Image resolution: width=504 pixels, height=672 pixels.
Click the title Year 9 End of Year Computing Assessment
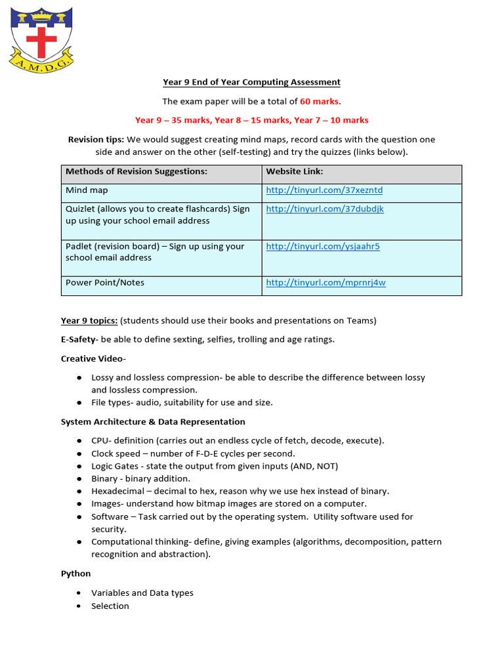251,82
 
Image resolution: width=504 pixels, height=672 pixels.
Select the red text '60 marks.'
320,101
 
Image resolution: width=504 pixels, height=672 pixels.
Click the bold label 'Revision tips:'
96,139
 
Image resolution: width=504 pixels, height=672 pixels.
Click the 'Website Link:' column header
294,171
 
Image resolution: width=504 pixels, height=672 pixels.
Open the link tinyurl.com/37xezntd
324,190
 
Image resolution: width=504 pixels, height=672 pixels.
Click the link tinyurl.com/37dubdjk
324,209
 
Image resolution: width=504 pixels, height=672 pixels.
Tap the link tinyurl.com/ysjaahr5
322,246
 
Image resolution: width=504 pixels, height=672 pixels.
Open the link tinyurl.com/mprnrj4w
325,283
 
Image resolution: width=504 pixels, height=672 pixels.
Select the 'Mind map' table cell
87,190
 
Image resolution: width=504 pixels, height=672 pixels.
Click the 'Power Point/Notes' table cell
105,283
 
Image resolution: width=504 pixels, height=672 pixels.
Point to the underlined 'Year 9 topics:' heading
89,320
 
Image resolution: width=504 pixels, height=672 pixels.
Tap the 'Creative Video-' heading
93,358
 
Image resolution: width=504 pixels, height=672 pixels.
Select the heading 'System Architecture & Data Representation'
153,421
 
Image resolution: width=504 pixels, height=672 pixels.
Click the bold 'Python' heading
75,573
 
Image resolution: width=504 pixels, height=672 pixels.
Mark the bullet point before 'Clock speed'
79,453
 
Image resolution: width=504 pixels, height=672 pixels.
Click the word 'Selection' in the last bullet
110,606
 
